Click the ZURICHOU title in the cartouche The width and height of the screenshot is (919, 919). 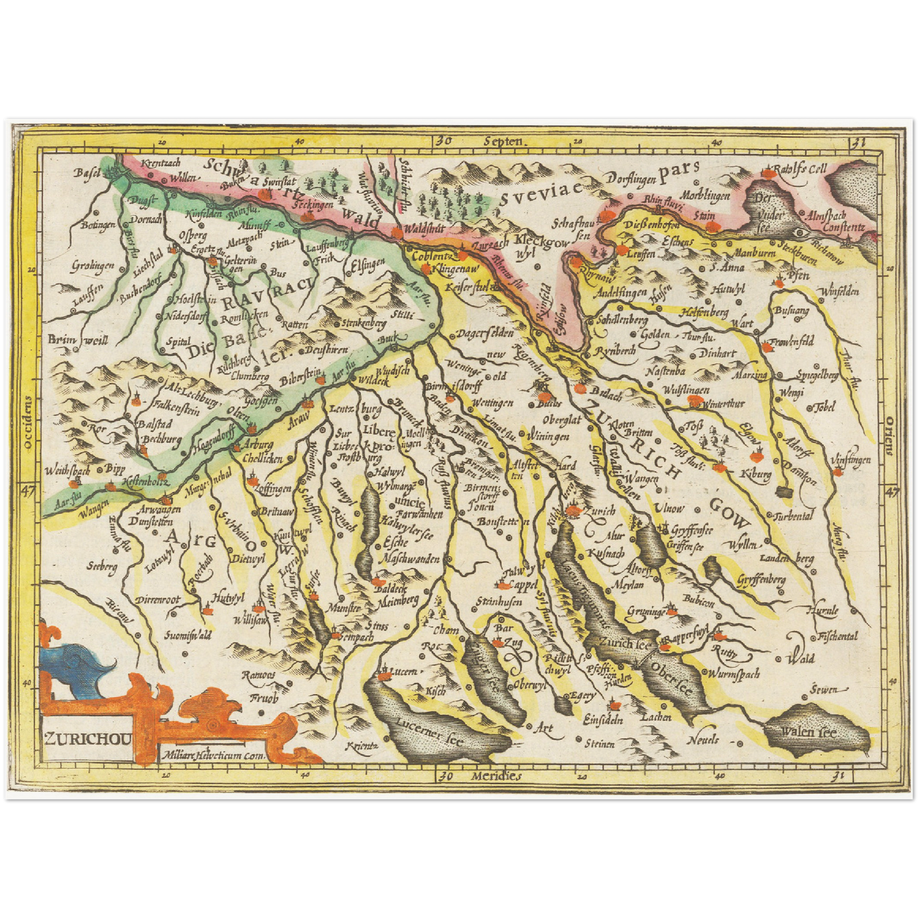click(x=88, y=738)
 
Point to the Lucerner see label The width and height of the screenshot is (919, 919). click(x=429, y=731)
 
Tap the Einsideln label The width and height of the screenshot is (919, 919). click(x=602, y=719)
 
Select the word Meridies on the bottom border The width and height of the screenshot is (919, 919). click(x=496, y=777)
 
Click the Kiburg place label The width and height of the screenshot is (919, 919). click(x=756, y=474)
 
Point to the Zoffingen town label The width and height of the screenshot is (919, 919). click(x=272, y=488)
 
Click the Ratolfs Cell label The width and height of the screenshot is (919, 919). click(x=799, y=169)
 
